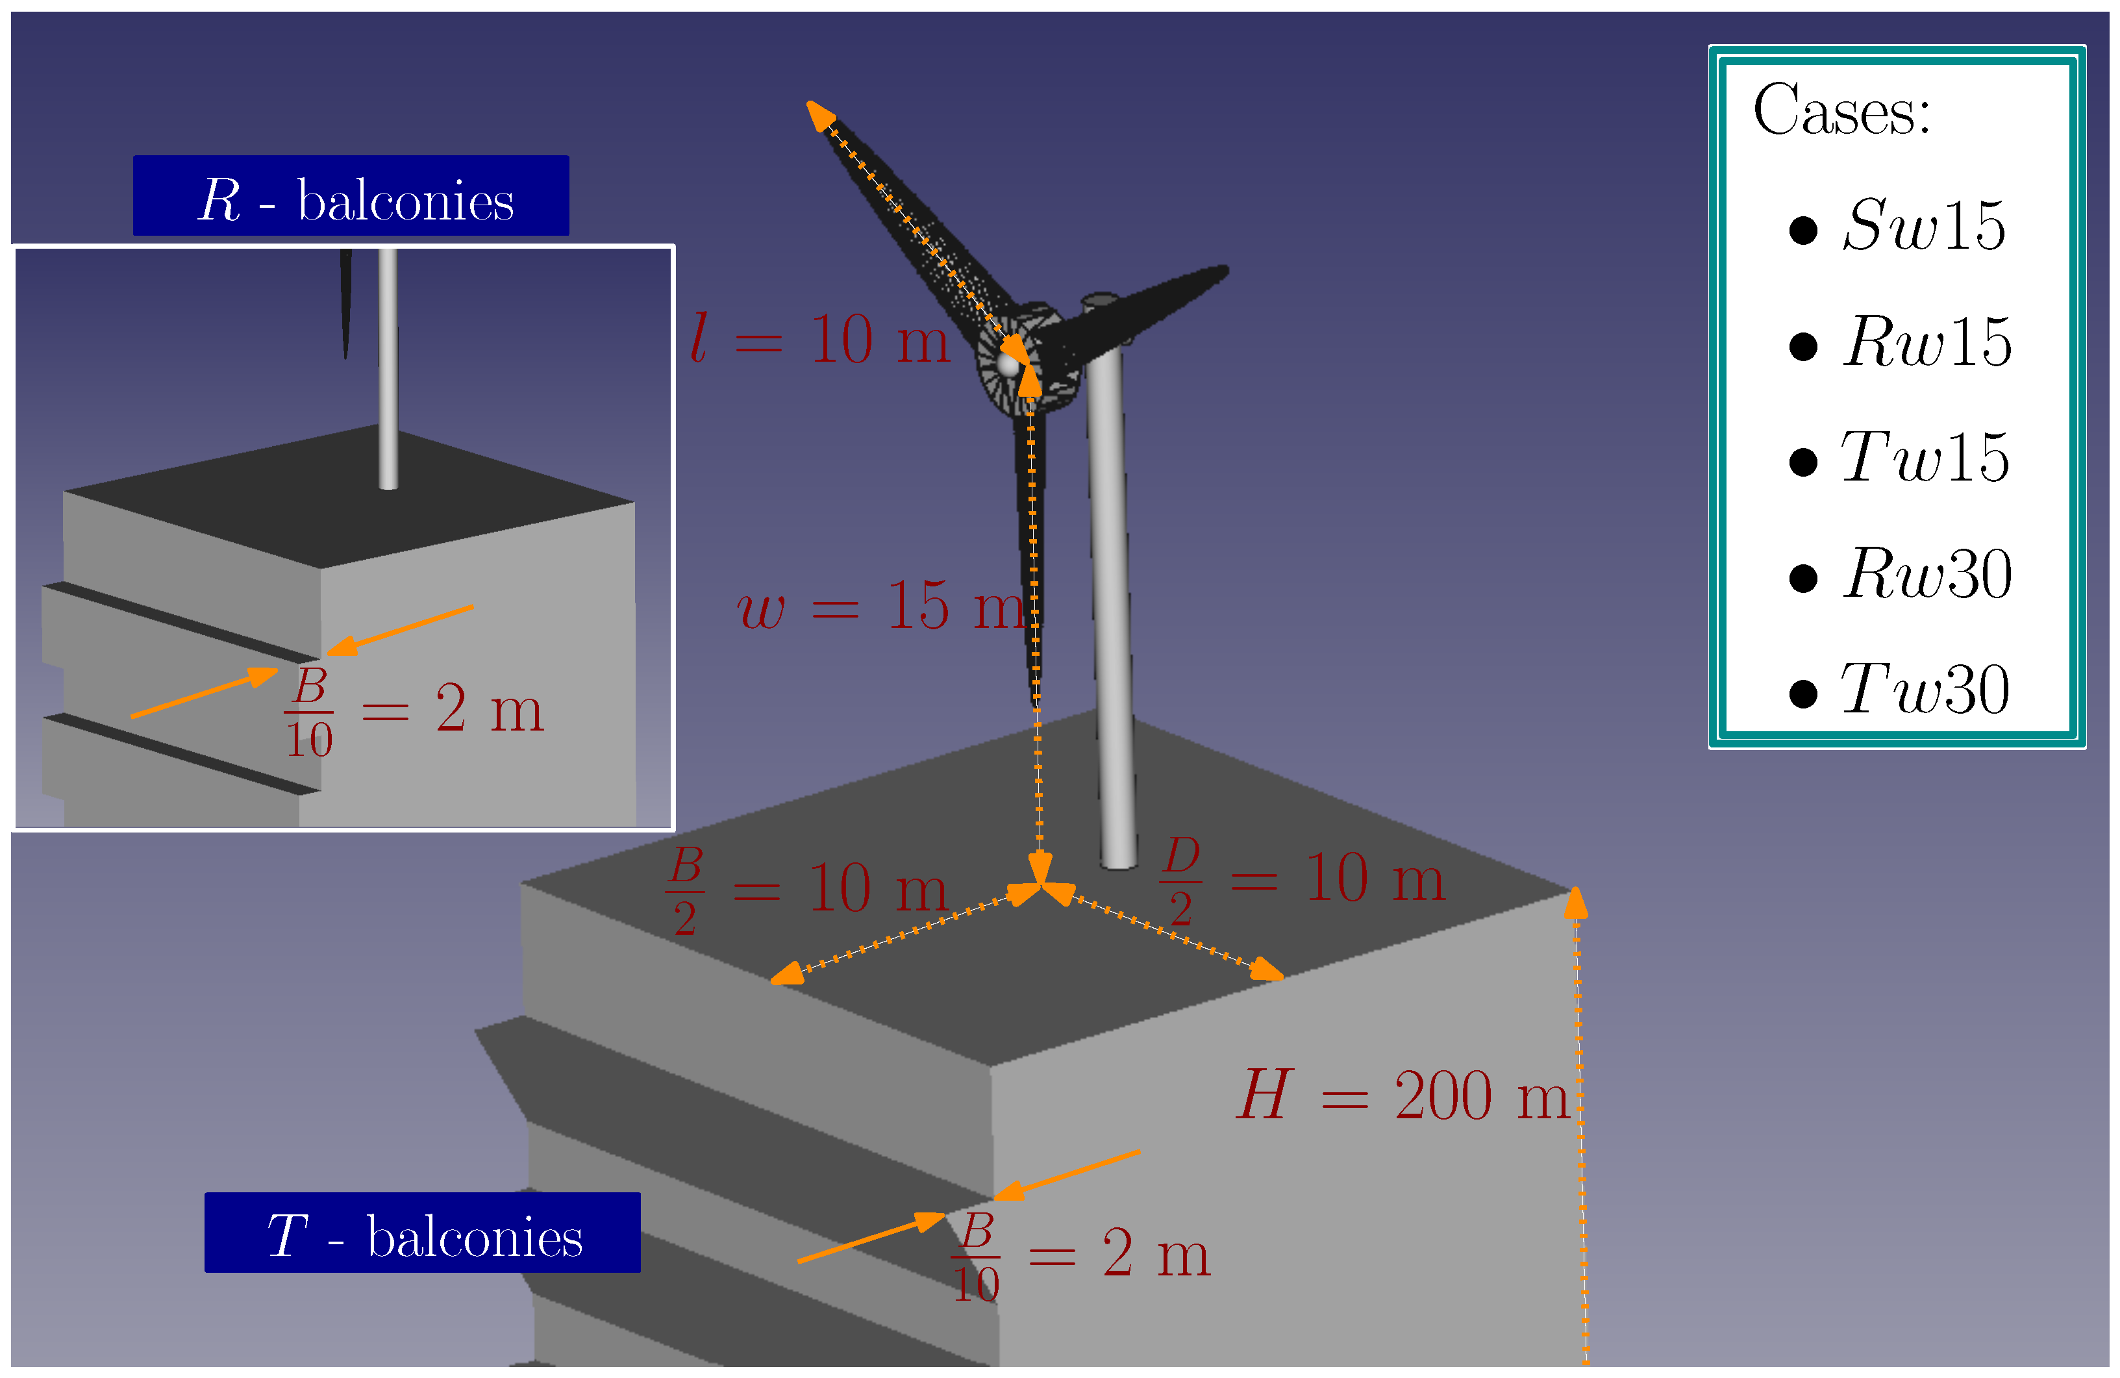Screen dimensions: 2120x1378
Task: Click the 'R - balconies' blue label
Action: coord(351,196)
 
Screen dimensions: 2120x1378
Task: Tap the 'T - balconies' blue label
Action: coord(422,1233)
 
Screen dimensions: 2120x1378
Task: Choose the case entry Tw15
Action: coord(1924,457)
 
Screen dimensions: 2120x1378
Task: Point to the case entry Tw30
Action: coord(1924,690)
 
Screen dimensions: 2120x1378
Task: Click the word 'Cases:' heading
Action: coord(1841,110)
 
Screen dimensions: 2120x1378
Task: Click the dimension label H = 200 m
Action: coord(1403,1095)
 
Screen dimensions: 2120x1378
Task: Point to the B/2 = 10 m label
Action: coord(807,889)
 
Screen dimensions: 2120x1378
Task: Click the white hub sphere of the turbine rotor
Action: coord(1008,364)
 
